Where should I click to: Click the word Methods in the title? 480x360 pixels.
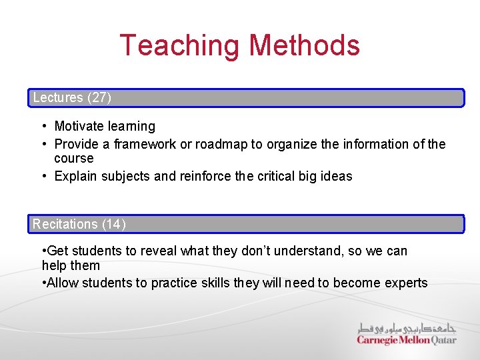(x=304, y=45)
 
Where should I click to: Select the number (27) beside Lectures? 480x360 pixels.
(x=99, y=98)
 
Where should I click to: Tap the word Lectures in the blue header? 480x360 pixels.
(x=58, y=98)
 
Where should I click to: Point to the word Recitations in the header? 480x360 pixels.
(x=65, y=224)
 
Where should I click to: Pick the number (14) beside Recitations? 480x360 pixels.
(x=114, y=224)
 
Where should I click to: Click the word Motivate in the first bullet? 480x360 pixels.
(x=79, y=126)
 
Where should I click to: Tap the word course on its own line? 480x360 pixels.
(x=74, y=159)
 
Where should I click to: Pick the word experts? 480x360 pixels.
(x=407, y=283)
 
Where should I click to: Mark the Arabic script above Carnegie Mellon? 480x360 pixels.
(x=407, y=328)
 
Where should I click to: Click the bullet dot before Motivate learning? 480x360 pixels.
(x=43, y=126)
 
